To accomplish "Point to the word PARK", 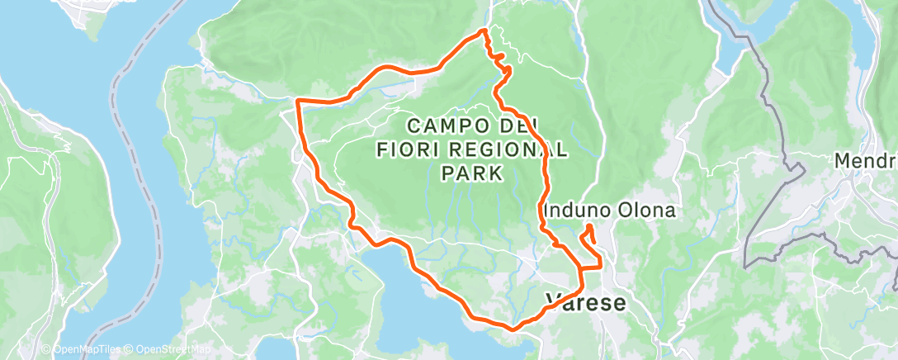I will click(x=471, y=173).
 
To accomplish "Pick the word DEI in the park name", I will click(x=518, y=126).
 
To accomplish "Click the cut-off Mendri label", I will click(x=866, y=160).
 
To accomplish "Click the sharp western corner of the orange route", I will click(x=297, y=101).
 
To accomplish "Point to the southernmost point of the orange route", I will click(x=512, y=329).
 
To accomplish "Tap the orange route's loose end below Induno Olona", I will click(x=588, y=227).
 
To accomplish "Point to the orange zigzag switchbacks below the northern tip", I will click(x=497, y=59).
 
